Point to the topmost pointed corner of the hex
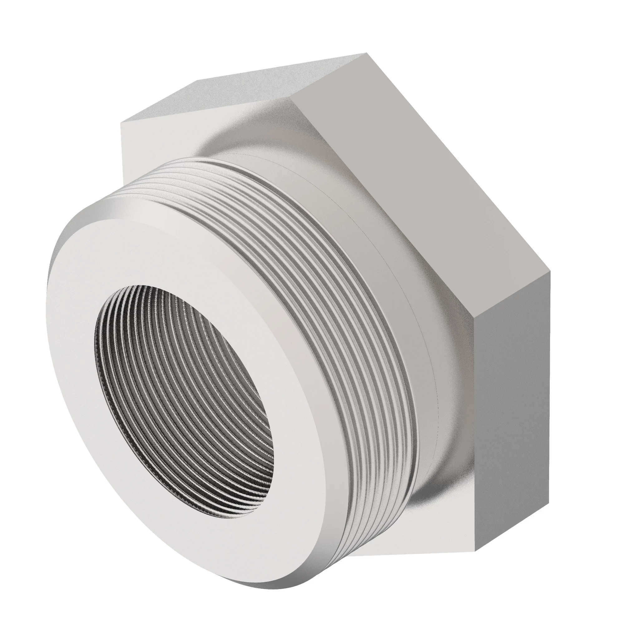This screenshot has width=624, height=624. point(367,53)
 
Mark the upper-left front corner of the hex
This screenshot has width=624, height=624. point(121,123)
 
